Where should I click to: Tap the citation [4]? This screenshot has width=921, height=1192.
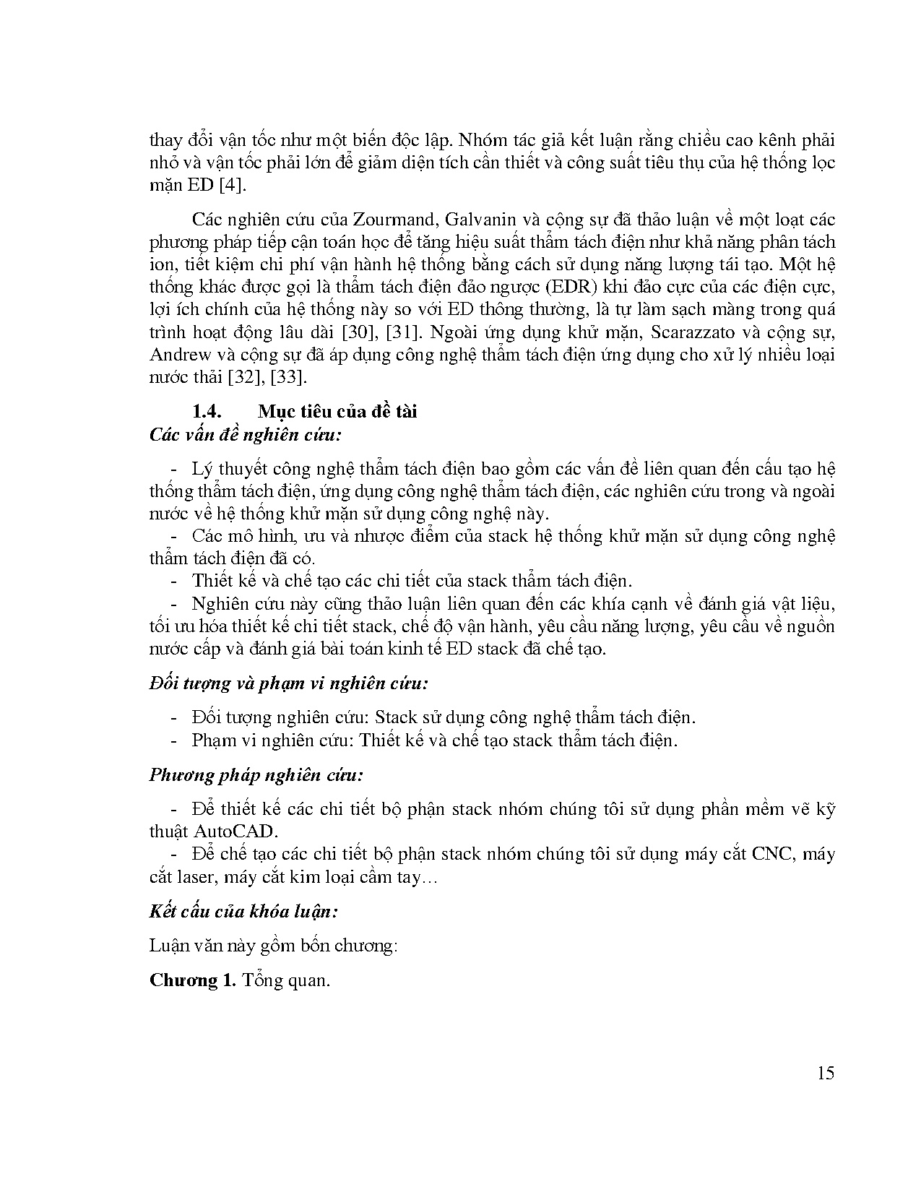click(x=230, y=185)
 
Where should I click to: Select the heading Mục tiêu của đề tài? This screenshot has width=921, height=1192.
click(x=337, y=412)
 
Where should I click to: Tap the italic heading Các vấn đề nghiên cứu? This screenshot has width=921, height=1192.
click(x=245, y=435)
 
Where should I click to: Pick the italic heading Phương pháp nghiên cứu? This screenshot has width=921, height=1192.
click(x=256, y=775)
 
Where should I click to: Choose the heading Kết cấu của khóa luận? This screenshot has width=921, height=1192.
click(x=243, y=911)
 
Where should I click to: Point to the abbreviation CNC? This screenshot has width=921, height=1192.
click(x=772, y=855)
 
